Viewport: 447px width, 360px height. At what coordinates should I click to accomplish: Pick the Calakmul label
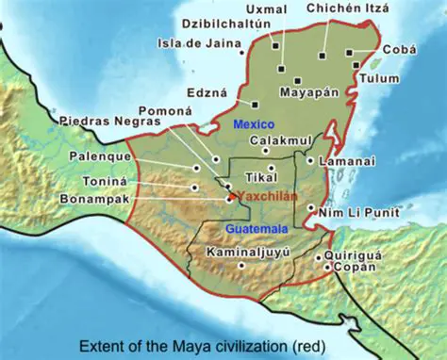[277, 140]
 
